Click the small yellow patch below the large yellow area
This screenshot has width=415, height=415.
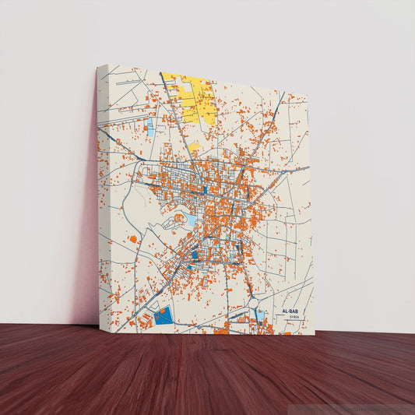pos(194,146)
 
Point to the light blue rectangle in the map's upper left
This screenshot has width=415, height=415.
pos(150,128)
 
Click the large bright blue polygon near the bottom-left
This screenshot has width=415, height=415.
pos(163,316)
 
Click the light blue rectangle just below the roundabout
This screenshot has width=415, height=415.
pos(260,314)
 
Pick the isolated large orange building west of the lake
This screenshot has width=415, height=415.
pos(133,238)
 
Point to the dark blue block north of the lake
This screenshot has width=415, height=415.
pos(204,189)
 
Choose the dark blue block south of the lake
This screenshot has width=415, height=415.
pos(195,255)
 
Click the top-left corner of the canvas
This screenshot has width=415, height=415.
pos(99,65)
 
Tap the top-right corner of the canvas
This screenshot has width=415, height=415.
pos(308,93)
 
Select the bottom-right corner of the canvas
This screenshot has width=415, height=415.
pos(314,335)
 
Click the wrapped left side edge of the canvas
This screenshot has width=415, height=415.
pos(100,195)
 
